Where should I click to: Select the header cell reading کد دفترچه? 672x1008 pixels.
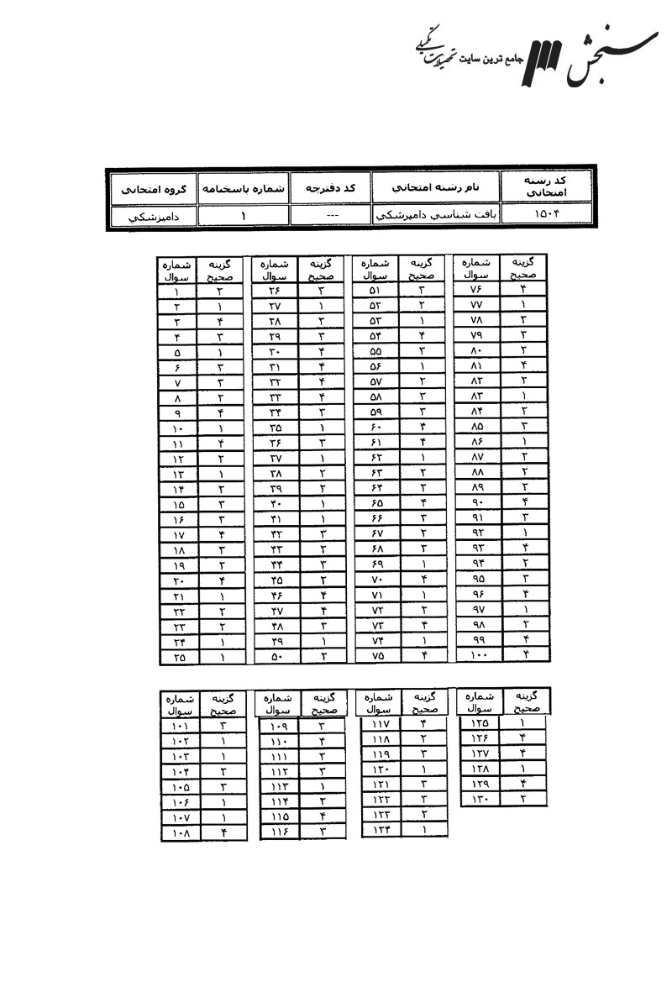point(329,187)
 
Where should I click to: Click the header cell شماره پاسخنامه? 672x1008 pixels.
point(244,188)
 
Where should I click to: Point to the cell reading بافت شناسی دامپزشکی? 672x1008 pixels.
point(434,216)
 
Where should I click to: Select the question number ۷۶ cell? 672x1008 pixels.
point(476,290)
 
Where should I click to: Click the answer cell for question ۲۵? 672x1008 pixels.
point(218,658)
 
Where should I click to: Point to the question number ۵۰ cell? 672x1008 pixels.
point(276,658)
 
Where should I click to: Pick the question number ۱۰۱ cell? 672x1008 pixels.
point(179,725)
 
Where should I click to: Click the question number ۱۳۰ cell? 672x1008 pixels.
point(479,798)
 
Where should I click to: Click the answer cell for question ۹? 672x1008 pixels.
point(218,412)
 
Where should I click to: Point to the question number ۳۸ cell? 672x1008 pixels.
point(276,473)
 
